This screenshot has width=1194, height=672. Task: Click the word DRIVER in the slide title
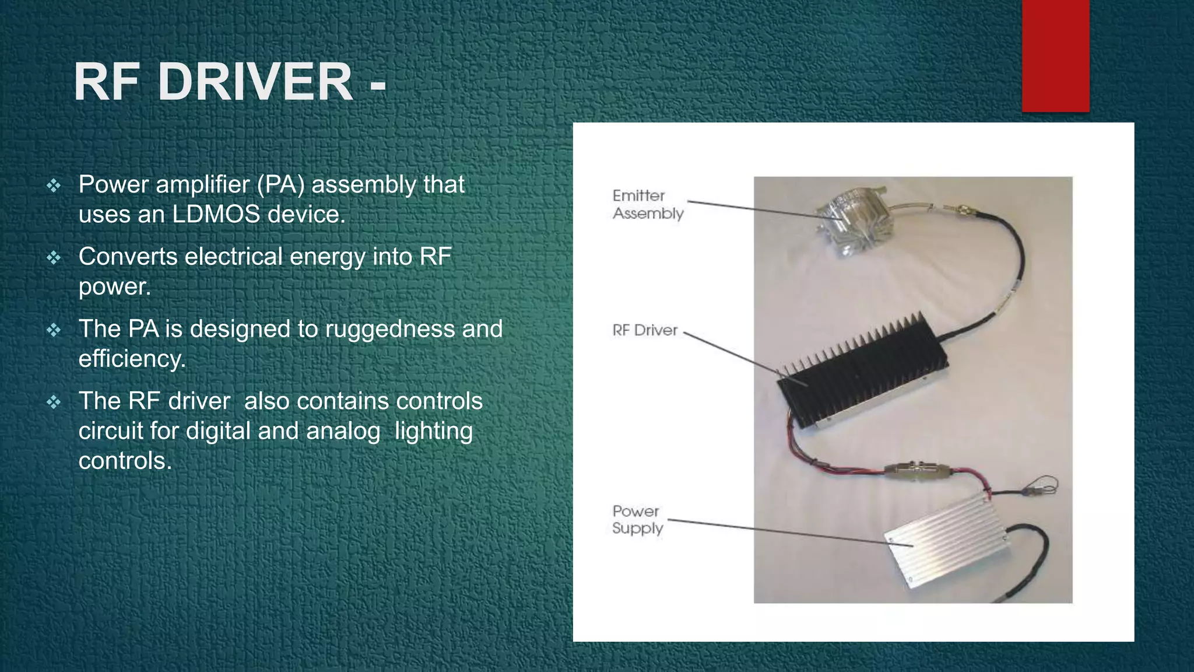[255, 82]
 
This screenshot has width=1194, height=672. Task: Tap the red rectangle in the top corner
[1055, 55]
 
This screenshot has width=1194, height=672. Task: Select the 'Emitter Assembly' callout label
[647, 204]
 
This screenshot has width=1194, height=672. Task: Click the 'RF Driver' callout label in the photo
[644, 330]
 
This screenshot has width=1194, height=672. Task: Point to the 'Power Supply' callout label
[637, 520]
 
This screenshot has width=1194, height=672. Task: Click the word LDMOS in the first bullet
[216, 214]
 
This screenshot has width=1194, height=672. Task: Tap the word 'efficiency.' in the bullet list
[132, 359]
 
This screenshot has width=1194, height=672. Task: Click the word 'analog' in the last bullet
[343, 431]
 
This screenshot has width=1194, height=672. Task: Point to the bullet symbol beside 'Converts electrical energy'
[54, 258]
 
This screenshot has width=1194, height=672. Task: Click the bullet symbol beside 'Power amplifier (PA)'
[54, 185]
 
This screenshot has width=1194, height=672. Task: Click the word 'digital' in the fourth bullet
[218, 431]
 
